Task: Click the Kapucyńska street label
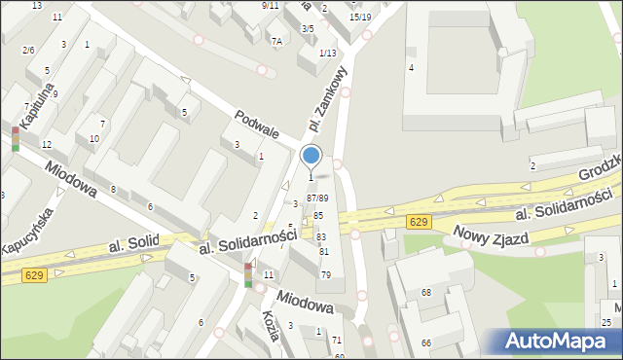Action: click(x=30, y=230)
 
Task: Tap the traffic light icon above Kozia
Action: click(x=249, y=275)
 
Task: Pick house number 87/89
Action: click(x=317, y=198)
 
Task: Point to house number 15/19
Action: click(x=360, y=17)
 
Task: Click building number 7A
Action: click(x=276, y=40)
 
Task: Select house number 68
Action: click(x=426, y=293)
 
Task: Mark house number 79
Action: click(x=326, y=275)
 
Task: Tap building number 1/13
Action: click(x=327, y=53)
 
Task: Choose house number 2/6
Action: click(x=28, y=50)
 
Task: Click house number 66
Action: click(x=426, y=343)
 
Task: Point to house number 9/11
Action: click(x=271, y=5)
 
